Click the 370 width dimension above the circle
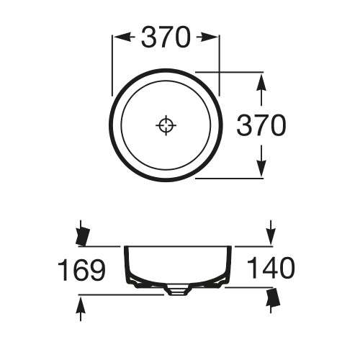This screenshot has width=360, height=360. click(166, 37)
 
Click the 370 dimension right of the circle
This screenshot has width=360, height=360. click(261, 125)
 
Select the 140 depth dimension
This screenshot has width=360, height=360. click(271, 269)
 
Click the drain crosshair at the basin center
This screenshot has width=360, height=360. click(166, 125)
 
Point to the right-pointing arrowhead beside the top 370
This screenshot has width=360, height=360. click(207, 37)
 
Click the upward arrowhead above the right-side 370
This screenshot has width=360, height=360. click(261, 89)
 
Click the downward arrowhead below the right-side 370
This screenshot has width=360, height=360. click(261, 161)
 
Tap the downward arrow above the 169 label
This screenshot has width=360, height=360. click(82, 233)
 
